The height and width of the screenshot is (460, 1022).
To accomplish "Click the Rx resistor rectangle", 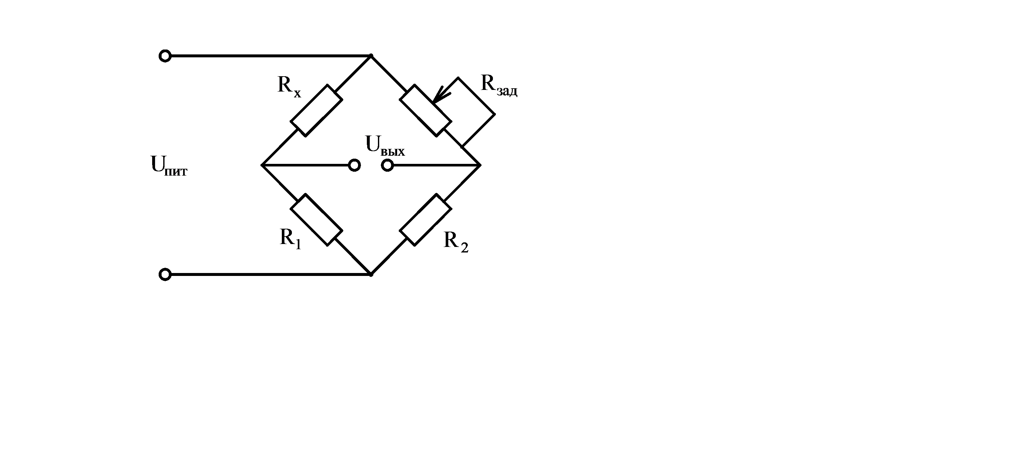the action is coord(316,110).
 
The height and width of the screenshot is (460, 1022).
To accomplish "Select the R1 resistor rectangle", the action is coord(316,220).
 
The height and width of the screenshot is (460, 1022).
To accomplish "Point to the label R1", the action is coord(290,238).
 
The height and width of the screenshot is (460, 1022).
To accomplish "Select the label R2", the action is coord(456,241).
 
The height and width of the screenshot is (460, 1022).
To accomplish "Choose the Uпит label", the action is coord(169,165).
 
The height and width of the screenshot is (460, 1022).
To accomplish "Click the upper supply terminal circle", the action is coord(165,56).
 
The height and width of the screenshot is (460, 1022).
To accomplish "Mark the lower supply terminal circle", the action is coord(165,274).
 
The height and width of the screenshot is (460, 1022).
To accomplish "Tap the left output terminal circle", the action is coord(354,165).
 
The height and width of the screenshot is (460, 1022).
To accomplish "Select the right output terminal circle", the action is coord(387,165).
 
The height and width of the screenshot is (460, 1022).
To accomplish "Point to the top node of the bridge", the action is coord(371,56).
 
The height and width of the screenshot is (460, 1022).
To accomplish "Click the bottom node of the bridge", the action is coord(371,274).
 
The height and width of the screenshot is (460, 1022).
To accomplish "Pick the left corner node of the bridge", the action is coord(262,165).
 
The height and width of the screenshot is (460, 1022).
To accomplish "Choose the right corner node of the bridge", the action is coord(481,165).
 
